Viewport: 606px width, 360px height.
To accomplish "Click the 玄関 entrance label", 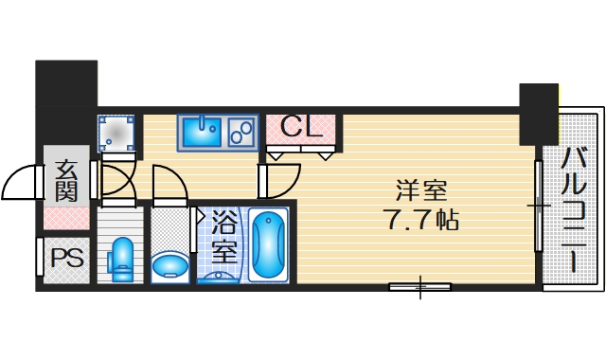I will click(x=65, y=179).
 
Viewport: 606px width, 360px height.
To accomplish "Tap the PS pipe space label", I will click(x=65, y=258).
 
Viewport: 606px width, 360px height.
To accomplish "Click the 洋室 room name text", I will click(x=421, y=190).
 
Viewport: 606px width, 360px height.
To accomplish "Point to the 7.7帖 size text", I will click(x=421, y=222).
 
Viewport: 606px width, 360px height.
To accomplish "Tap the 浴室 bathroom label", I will click(x=223, y=238).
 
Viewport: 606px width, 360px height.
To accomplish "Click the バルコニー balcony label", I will click(x=574, y=209).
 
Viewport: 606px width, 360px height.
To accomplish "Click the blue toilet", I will click(x=120, y=259).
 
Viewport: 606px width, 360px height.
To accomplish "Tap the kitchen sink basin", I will click(x=201, y=132).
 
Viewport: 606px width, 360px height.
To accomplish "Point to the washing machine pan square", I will click(x=116, y=134).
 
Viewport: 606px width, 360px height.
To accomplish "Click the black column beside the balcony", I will click(x=538, y=114).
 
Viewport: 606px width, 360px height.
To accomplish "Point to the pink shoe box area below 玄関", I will click(x=65, y=219).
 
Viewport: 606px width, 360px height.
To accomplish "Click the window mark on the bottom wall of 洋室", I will click(x=419, y=286).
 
